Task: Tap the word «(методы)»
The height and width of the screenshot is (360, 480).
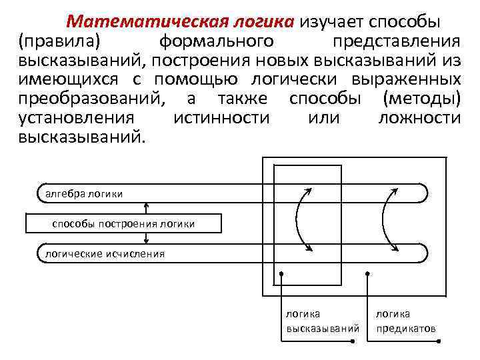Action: tap(421, 99)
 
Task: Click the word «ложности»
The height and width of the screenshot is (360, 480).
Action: tap(419, 119)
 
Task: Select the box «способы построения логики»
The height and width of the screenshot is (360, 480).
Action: tap(123, 223)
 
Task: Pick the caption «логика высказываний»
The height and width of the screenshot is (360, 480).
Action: tap(323, 321)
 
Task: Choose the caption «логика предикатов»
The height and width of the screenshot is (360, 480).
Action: tap(405, 321)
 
